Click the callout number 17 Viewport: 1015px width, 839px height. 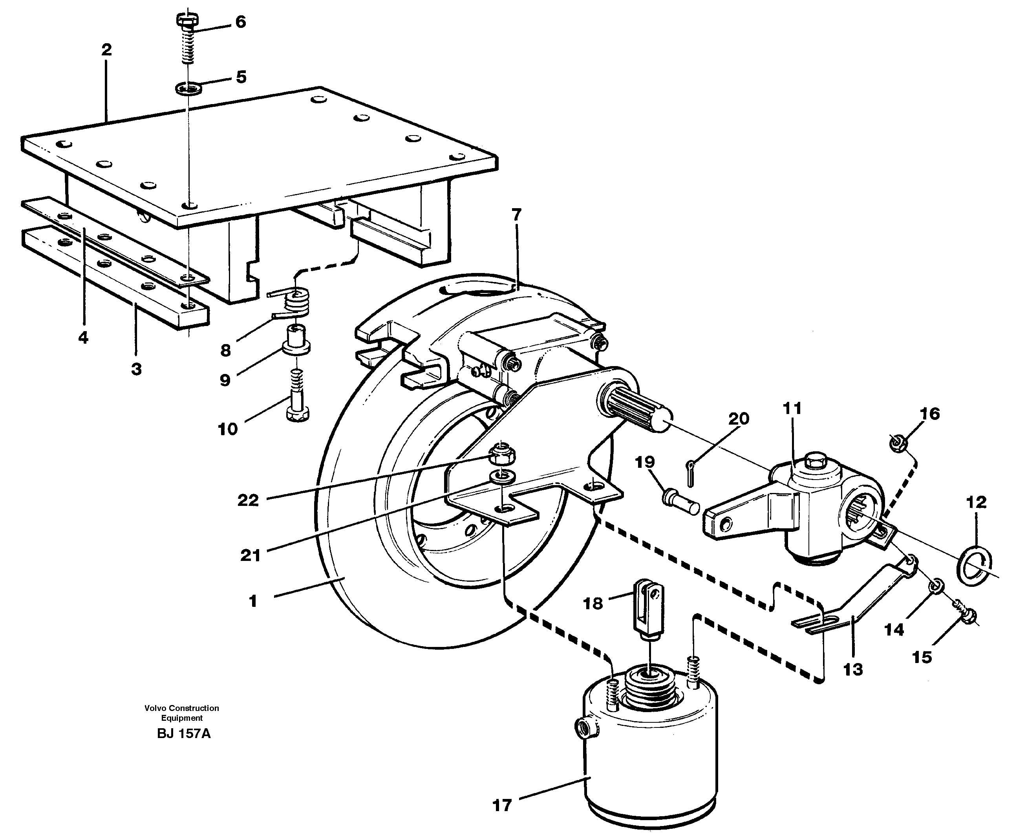(x=501, y=805)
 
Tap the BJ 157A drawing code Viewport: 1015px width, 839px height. (x=184, y=734)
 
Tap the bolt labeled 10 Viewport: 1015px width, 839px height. (x=298, y=403)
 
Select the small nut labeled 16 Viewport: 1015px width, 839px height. (x=897, y=443)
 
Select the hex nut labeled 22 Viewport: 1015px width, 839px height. (x=503, y=454)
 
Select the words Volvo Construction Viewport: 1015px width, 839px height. (x=182, y=708)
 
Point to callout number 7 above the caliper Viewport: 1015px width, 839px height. (x=516, y=214)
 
